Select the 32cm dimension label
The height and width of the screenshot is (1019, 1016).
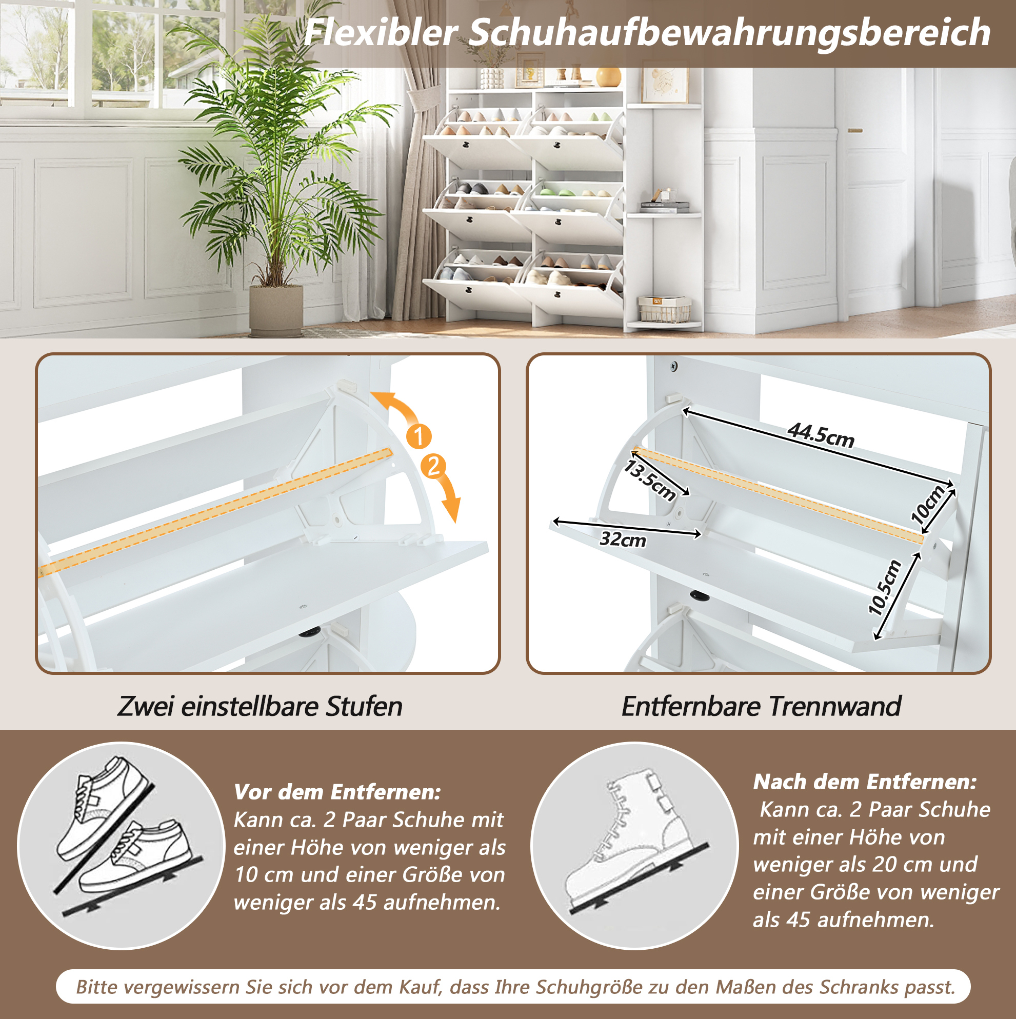(623, 539)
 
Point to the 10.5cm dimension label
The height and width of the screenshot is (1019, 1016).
(885, 588)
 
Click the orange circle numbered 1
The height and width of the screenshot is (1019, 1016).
(419, 436)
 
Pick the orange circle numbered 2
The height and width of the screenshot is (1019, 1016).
(433, 466)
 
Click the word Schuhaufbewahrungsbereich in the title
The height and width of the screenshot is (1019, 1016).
(729, 33)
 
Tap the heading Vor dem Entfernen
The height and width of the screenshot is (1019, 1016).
(337, 792)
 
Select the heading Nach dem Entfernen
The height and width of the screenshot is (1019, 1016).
(865, 781)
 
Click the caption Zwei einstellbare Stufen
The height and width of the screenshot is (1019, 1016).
(260, 706)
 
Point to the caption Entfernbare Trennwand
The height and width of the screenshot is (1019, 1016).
(761, 706)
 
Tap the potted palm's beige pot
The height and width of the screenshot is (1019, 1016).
(276, 311)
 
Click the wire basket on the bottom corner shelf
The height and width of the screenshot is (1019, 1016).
(665, 309)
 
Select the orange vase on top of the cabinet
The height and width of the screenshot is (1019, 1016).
(609, 76)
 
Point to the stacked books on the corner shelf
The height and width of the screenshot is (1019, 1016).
(665, 207)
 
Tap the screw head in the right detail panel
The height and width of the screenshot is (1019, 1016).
(674, 366)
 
